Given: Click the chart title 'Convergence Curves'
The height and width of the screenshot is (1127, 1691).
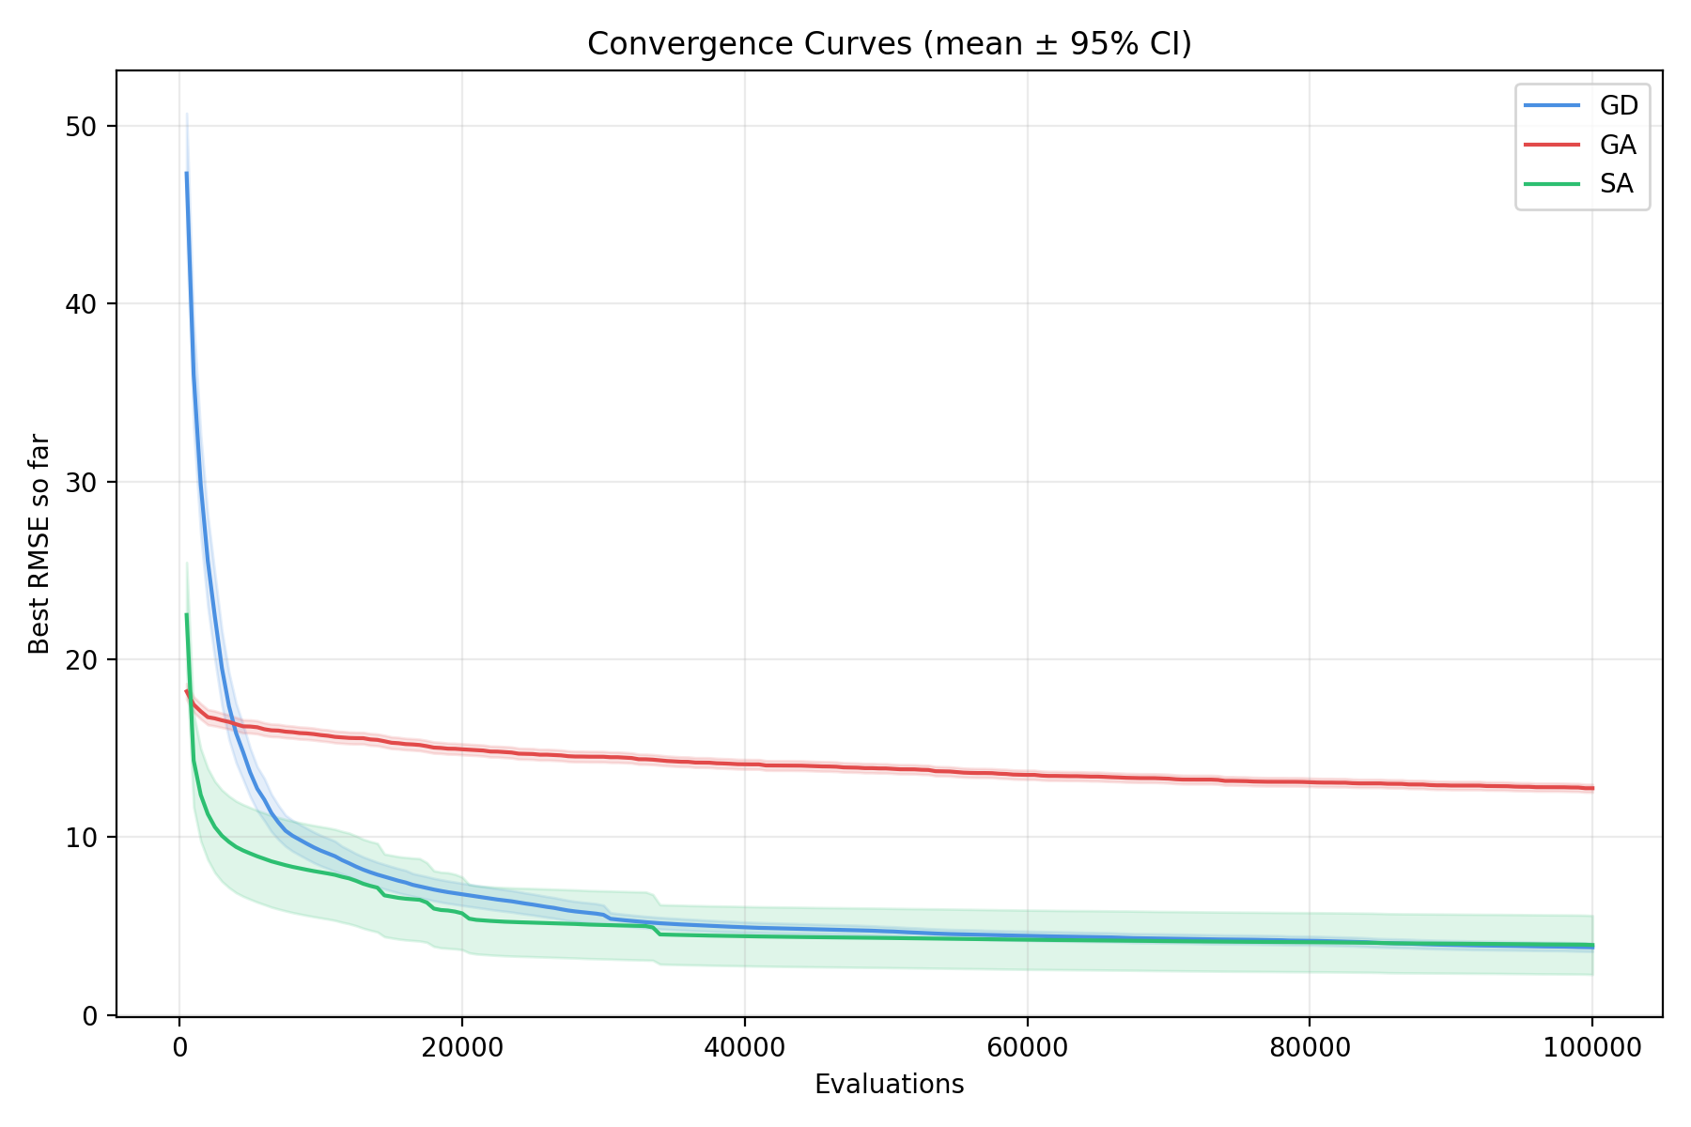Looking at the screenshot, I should click(x=889, y=44).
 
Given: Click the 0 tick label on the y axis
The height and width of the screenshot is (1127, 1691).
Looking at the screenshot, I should click(x=89, y=1015).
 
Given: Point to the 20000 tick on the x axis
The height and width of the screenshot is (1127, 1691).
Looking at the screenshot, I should click(x=461, y=1047).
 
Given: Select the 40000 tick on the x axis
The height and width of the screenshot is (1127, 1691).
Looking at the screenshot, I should click(x=744, y=1047).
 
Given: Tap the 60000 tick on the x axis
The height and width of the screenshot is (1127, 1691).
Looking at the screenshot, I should click(x=1027, y=1047).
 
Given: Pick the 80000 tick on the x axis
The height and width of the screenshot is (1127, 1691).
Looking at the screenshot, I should click(x=1310, y=1047).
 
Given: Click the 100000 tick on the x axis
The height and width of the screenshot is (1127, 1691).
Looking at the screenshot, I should click(x=1591, y=1047).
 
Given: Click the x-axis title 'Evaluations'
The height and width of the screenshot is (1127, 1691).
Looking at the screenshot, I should click(x=889, y=1085).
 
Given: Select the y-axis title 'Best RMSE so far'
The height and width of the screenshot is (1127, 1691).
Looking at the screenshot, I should click(x=39, y=543).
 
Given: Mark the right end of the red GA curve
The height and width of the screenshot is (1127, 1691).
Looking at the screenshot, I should click(x=1592, y=788).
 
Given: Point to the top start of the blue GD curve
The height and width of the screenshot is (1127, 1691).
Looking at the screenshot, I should click(x=186, y=173).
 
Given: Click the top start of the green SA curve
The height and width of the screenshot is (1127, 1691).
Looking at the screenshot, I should click(x=186, y=615).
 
